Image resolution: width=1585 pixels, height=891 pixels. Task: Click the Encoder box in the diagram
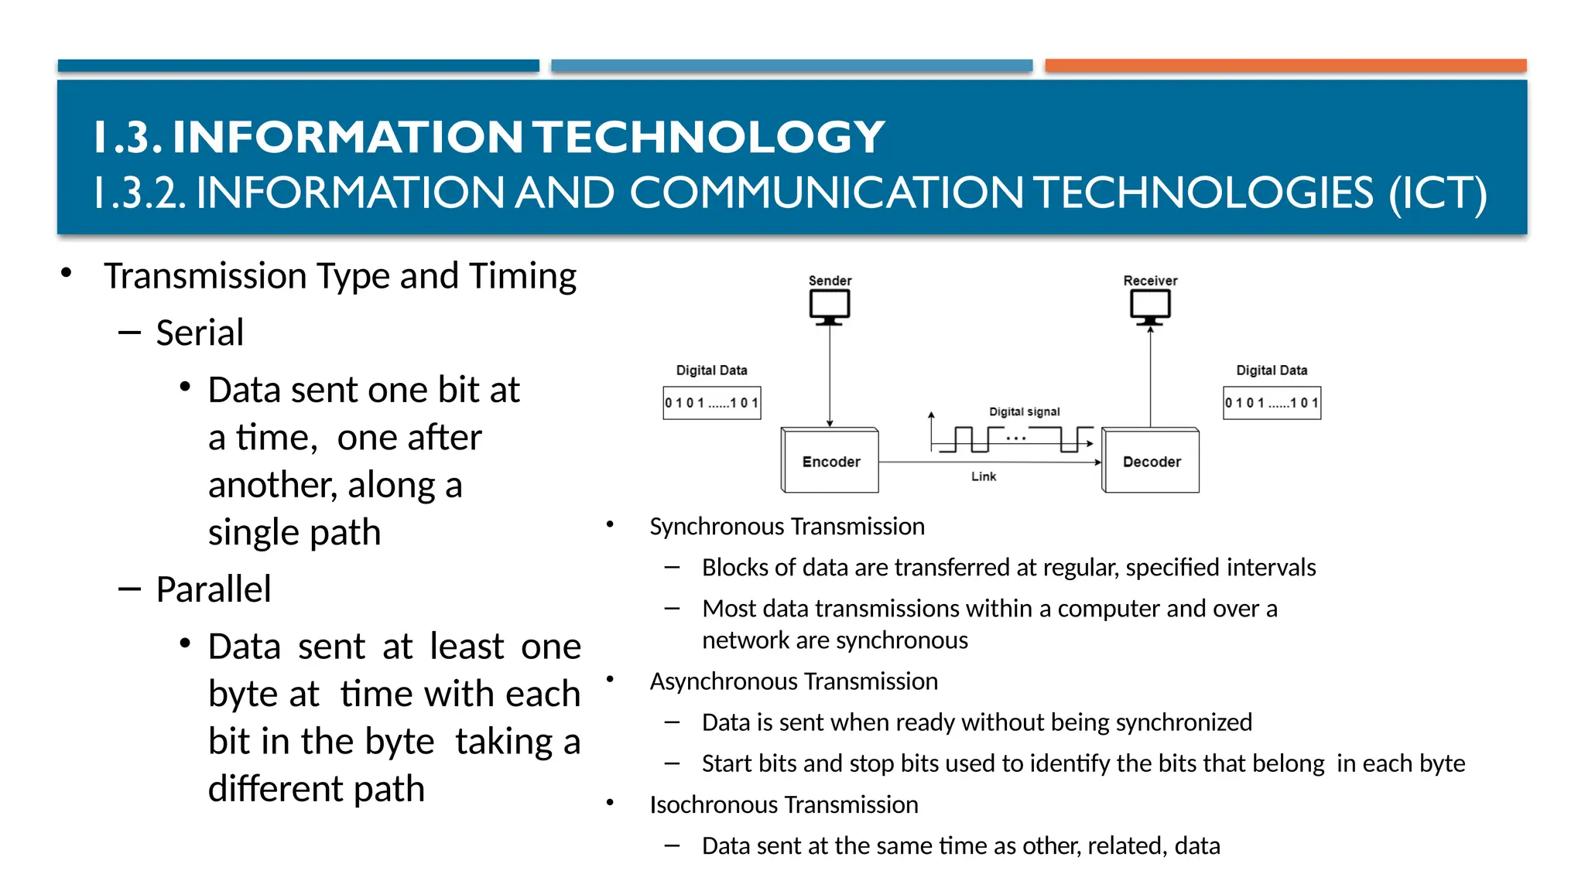click(830, 461)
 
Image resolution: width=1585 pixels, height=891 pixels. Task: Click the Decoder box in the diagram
click(1151, 461)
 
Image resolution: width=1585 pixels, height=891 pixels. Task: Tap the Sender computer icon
click(830, 307)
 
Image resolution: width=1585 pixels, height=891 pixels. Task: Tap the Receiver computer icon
click(1150, 307)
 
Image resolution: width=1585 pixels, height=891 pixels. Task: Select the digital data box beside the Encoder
click(712, 403)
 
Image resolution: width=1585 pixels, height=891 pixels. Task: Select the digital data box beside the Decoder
click(1272, 403)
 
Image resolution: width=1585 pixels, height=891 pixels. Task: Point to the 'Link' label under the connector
click(984, 476)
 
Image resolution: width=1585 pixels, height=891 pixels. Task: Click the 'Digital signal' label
click(1024, 411)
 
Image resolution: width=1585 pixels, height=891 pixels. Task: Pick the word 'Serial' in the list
click(200, 333)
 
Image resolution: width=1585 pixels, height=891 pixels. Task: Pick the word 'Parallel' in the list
click(214, 589)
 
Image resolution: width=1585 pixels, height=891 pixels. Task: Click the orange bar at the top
click(1285, 66)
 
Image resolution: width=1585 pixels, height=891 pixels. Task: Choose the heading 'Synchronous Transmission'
click(787, 527)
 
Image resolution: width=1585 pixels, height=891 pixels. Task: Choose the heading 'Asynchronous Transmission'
click(793, 681)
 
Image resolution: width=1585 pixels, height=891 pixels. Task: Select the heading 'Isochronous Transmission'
click(784, 805)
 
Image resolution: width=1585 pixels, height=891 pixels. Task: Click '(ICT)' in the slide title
click(1437, 193)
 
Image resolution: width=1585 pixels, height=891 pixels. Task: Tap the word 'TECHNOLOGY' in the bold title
click(710, 137)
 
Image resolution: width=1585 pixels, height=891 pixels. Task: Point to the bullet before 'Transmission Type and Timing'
click(67, 273)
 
